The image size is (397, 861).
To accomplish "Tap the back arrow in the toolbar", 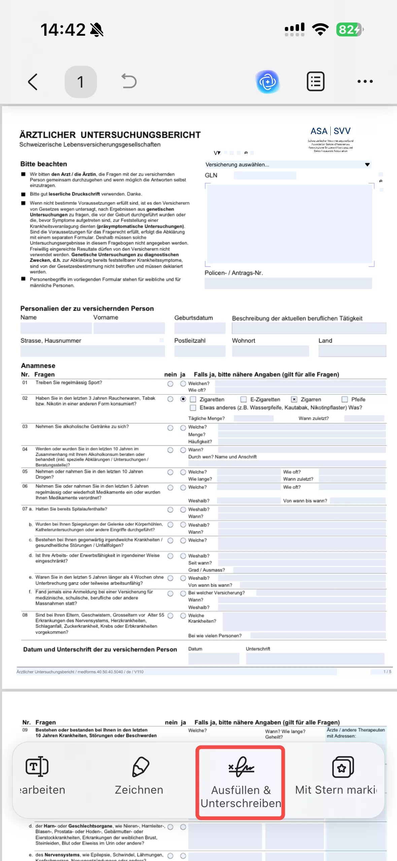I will pos(33,82).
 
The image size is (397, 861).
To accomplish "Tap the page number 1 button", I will pos(80,82).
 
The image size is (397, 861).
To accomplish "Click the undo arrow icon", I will pos(129,82).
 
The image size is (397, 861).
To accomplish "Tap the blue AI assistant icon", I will pos(268,82).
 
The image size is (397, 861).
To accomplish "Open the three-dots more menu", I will pos(365,82).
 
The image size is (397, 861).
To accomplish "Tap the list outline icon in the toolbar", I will pos(316,82).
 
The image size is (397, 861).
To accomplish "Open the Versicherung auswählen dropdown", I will pos(288,165).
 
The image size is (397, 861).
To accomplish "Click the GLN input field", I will pos(265,176).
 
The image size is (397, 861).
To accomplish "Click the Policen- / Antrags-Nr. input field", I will pos(288,283).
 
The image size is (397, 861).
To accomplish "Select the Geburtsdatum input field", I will pos(200,328).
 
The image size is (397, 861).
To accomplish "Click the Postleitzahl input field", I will pos(200,351).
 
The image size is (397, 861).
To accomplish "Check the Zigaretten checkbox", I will pos(193,400).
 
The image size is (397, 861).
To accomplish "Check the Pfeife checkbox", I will pos(345,400).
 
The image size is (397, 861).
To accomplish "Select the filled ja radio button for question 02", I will pos(183,399).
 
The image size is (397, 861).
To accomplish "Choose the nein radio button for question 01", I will pos(170,384).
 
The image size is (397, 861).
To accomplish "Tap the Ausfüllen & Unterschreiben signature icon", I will pos(241,767).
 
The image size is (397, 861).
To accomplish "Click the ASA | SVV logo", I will pos(330,131).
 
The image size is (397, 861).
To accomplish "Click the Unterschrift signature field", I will pos(315,659).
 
